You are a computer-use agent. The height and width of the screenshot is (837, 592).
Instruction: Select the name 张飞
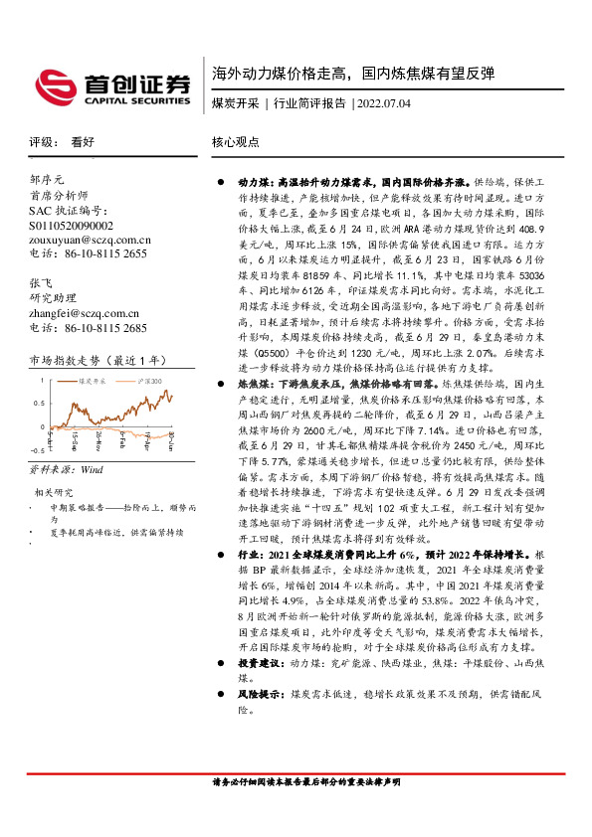point(41,283)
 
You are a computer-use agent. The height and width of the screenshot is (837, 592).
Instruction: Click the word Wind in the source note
point(93,468)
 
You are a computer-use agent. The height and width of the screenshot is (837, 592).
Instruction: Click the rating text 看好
point(83,143)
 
